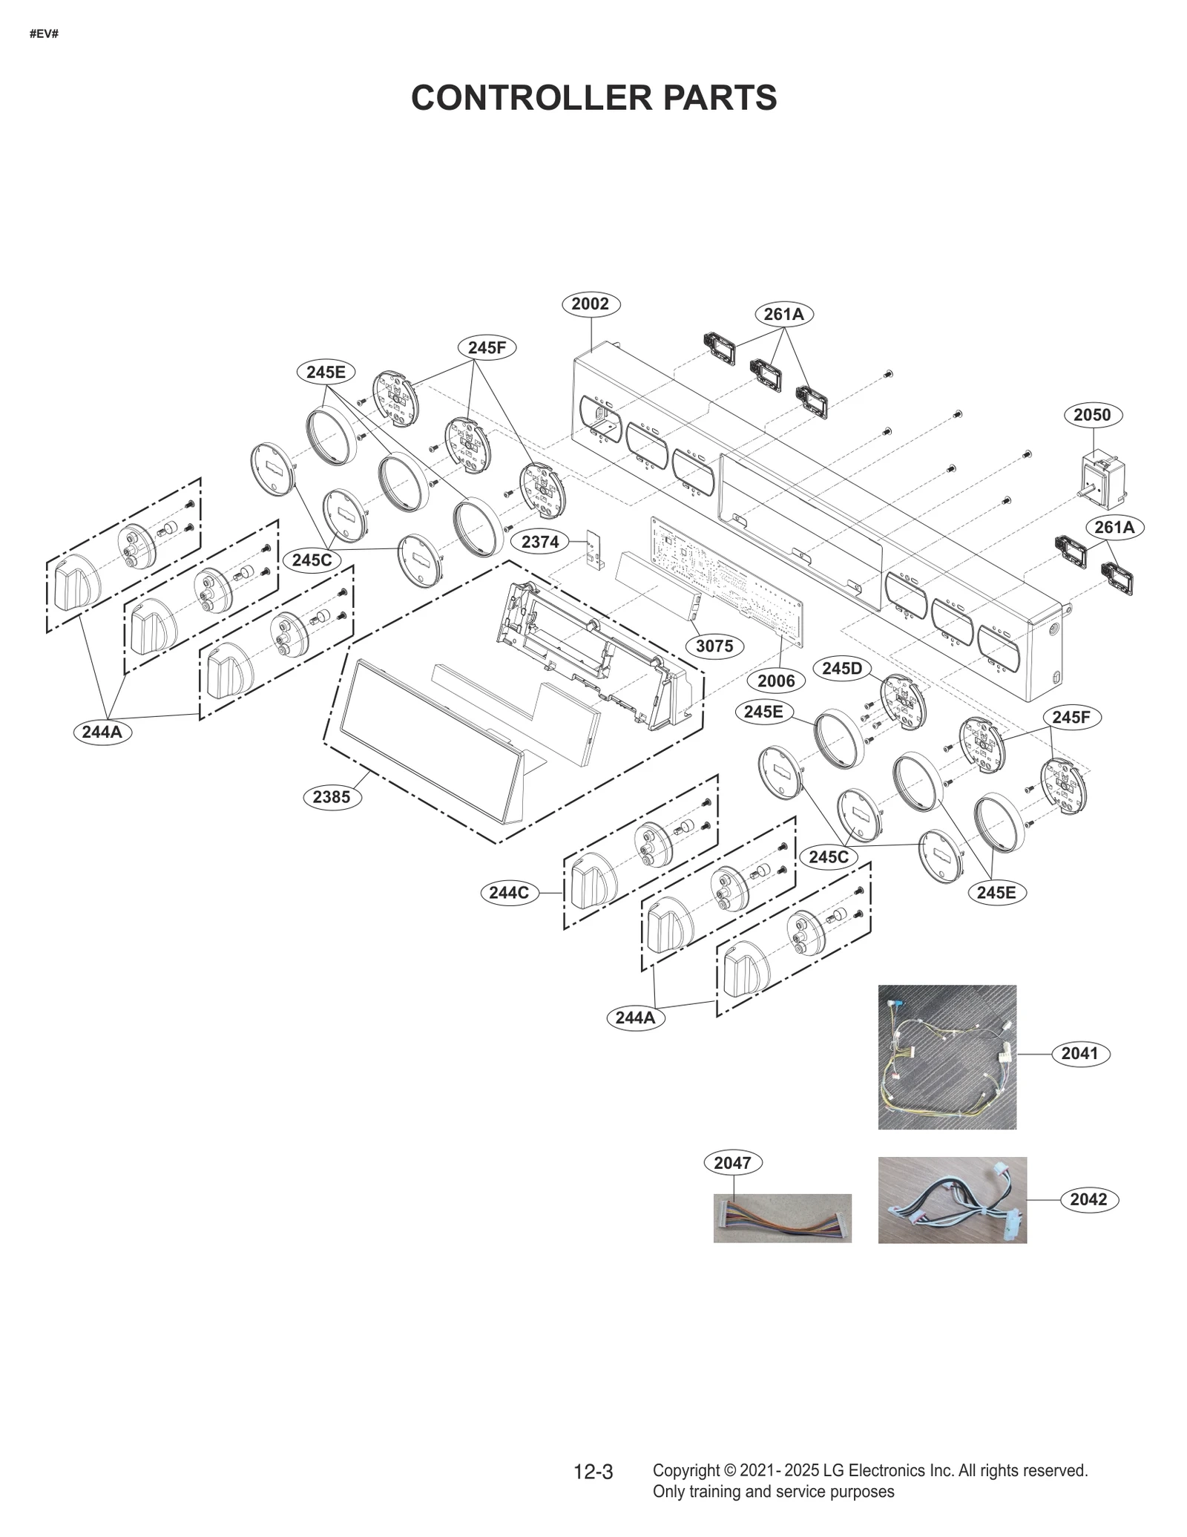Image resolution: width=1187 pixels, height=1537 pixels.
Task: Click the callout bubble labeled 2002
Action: coord(591,304)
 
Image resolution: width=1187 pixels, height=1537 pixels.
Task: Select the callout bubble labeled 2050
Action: coord(1092,415)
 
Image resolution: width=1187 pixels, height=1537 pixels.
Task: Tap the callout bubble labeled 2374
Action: coord(539,542)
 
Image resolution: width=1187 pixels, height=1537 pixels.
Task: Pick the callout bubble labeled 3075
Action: coord(714,646)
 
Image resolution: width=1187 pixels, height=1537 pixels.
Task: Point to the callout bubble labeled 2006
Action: coord(776,681)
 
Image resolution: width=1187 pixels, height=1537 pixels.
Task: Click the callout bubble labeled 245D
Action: coord(842,668)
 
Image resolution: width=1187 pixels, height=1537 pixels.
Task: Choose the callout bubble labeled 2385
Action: coord(331,797)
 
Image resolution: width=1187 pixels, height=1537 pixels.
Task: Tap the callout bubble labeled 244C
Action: coord(509,892)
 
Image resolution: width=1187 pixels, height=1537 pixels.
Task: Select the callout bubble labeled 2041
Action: coord(1079,1053)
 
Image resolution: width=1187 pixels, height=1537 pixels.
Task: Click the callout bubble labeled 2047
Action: coord(732,1163)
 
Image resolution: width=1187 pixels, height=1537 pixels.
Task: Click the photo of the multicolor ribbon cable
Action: coord(782,1218)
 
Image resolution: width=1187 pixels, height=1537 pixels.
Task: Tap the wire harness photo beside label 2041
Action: coord(947,1057)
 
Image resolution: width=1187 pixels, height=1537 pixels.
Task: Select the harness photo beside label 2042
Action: coord(952,1200)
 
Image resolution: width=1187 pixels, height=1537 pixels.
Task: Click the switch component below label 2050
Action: coord(1102,473)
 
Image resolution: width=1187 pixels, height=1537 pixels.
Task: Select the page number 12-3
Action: coord(593,1472)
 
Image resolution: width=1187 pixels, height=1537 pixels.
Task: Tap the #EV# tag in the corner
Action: coord(44,34)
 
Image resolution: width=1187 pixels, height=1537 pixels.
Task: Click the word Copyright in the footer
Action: coord(685,1470)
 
